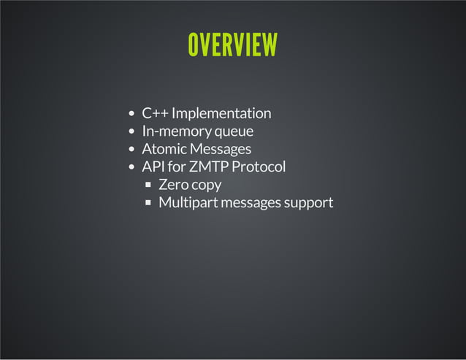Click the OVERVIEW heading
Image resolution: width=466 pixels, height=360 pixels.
(x=232, y=45)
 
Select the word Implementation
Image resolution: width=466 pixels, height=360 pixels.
(x=221, y=113)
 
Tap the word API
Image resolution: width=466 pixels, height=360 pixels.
(x=153, y=166)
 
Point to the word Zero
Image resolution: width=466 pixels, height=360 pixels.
(x=173, y=185)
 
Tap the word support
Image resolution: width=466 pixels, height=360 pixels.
(x=308, y=203)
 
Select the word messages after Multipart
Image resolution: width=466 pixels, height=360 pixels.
(x=250, y=203)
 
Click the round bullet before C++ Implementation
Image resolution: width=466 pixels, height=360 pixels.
(x=131, y=114)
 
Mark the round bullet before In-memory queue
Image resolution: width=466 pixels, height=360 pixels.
(x=131, y=132)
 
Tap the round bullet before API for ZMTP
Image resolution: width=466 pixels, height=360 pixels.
(x=131, y=167)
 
